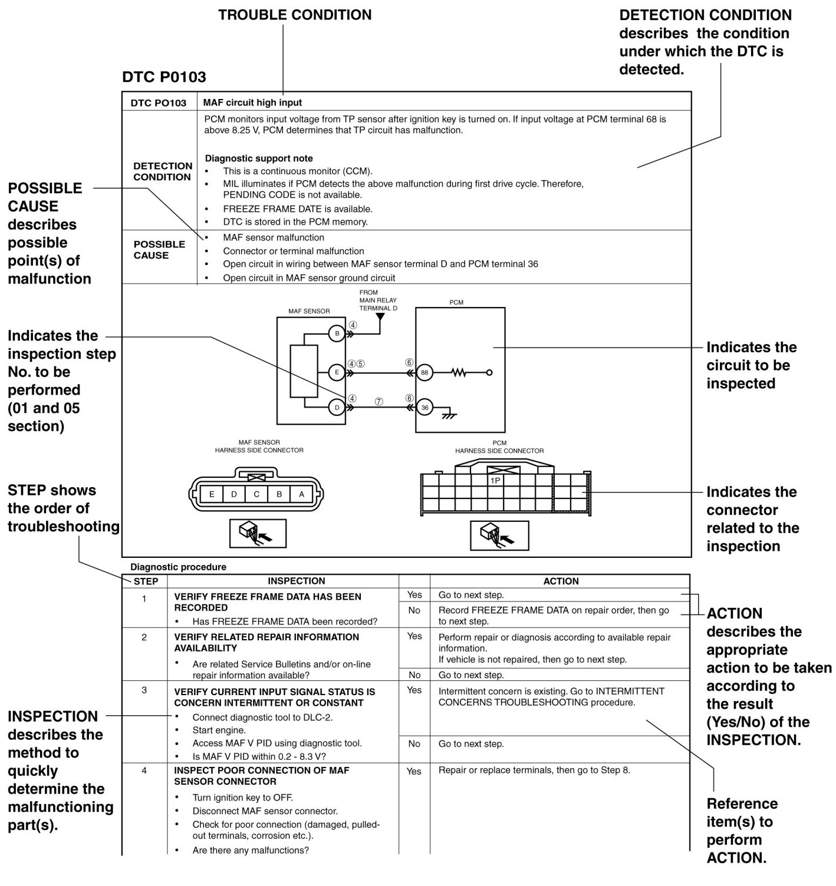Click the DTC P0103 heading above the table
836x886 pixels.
(x=164, y=77)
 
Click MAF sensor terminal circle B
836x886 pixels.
(x=337, y=334)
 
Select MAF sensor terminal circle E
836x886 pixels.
(x=337, y=372)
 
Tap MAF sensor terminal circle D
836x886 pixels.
(x=337, y=408)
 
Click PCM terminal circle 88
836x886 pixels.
(x=424, y=372)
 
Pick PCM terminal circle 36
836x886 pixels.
(x=424, y=408)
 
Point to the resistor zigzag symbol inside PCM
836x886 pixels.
(x=459, y=372)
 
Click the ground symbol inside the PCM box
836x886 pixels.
(x=450, y=415)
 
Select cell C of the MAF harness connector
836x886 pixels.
(x=256, y=494)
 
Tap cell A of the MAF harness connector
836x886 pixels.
(x=301, y=494)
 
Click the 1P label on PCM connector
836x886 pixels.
(x=495, y=481)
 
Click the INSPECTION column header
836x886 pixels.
(x=296, y=581)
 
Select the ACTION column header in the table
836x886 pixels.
(x=561, y=581)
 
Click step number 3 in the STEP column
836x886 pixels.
(x=144, y=690)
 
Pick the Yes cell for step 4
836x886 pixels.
(x=414, y=771)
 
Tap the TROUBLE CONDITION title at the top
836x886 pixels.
(x=295, y=15)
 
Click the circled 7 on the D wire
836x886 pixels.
(x=379, y=401)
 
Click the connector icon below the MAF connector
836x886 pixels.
(x=258, y=533)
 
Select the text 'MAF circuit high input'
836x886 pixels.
(x=252, y=103)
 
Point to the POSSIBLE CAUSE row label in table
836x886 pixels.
(x=159, y=250)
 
